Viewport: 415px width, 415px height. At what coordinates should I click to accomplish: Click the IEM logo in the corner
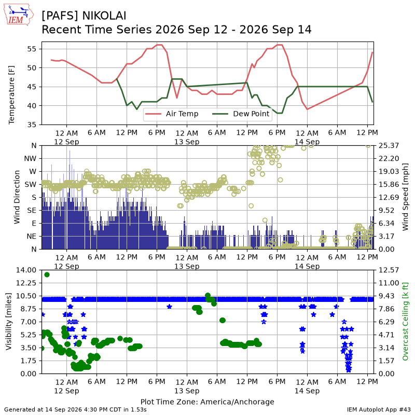18,15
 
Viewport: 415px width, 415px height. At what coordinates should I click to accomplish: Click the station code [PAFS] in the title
60,16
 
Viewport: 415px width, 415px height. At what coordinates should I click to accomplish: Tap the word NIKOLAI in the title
104,16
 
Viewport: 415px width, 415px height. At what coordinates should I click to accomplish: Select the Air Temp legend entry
172,114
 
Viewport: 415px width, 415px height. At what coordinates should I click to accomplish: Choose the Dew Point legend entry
241,114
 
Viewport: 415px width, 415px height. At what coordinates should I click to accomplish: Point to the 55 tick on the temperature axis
32,49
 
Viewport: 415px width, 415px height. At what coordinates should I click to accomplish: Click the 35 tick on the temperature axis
32,125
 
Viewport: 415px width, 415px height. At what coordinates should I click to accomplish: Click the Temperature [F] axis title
11,95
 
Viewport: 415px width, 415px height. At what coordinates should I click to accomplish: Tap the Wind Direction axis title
17,197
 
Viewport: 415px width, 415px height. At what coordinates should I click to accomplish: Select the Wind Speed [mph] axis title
405,197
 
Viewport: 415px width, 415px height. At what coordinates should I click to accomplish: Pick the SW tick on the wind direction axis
31,185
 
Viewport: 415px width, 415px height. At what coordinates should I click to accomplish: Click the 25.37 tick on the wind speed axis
389,146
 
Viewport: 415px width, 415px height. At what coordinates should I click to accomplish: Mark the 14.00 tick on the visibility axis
26,270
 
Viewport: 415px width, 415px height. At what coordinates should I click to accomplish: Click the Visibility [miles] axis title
9,322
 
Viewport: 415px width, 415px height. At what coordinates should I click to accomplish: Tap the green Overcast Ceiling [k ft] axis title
405,322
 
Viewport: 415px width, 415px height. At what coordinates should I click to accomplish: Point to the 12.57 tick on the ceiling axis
389,270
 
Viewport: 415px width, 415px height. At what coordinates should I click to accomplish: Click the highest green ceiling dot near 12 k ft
47,275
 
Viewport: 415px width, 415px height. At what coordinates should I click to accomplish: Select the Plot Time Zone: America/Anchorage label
207,402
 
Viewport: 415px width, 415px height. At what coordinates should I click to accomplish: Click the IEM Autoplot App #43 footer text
379,410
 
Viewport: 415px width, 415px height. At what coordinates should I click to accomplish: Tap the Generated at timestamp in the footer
75,410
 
